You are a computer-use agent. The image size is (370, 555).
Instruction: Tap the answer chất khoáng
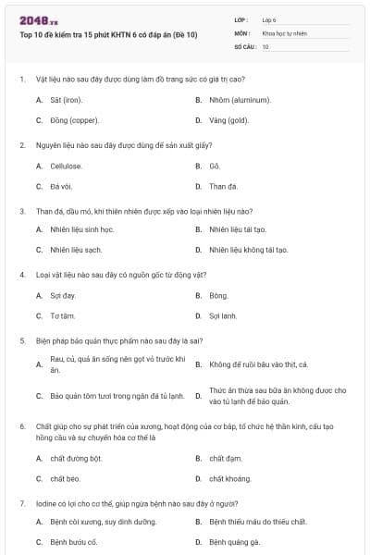[228, 478]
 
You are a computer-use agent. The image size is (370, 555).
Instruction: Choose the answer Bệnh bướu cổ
[74, 541]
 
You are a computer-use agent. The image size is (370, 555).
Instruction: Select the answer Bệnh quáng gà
[234, 541]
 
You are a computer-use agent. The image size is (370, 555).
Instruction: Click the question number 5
[21, 340]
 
